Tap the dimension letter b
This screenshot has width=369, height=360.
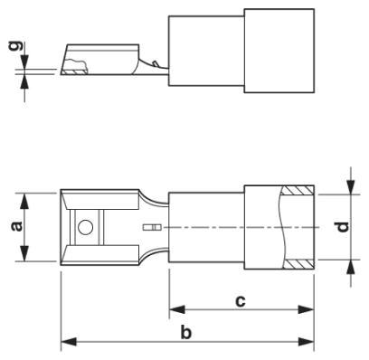click(187, 333)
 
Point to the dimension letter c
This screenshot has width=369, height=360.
click(241, 299)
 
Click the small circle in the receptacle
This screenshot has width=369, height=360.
click(85, 227)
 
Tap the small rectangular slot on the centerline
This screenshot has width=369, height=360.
click(153, 226)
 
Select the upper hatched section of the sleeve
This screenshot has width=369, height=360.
click(297, 192)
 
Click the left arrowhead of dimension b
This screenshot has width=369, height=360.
click(66, 343)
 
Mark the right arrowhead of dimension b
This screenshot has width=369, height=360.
click(308, 343)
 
